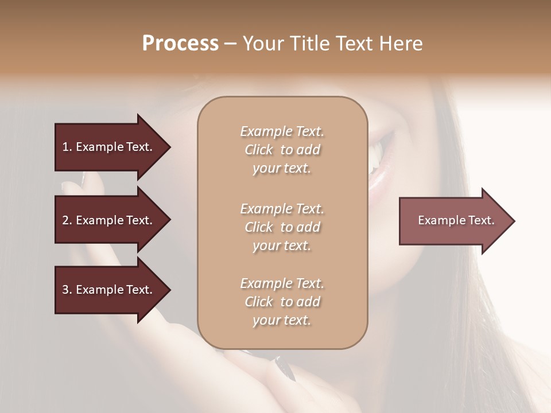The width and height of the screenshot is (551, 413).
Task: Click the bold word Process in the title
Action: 180,44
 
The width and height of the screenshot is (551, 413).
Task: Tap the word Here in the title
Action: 401,44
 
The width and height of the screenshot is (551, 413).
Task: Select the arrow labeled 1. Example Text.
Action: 109,147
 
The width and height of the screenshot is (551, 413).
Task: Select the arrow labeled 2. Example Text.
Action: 109,220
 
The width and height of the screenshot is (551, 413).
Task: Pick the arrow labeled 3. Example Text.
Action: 109,290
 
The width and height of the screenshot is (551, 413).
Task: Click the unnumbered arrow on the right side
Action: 453,221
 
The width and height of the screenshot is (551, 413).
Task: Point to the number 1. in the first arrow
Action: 67,147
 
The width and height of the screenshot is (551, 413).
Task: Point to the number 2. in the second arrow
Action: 67,220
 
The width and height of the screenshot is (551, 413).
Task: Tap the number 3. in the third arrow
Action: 67,290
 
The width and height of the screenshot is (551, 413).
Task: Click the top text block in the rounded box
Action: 282,150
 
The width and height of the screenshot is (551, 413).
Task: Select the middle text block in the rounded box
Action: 282,227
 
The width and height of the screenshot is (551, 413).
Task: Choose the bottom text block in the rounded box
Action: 282,302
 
